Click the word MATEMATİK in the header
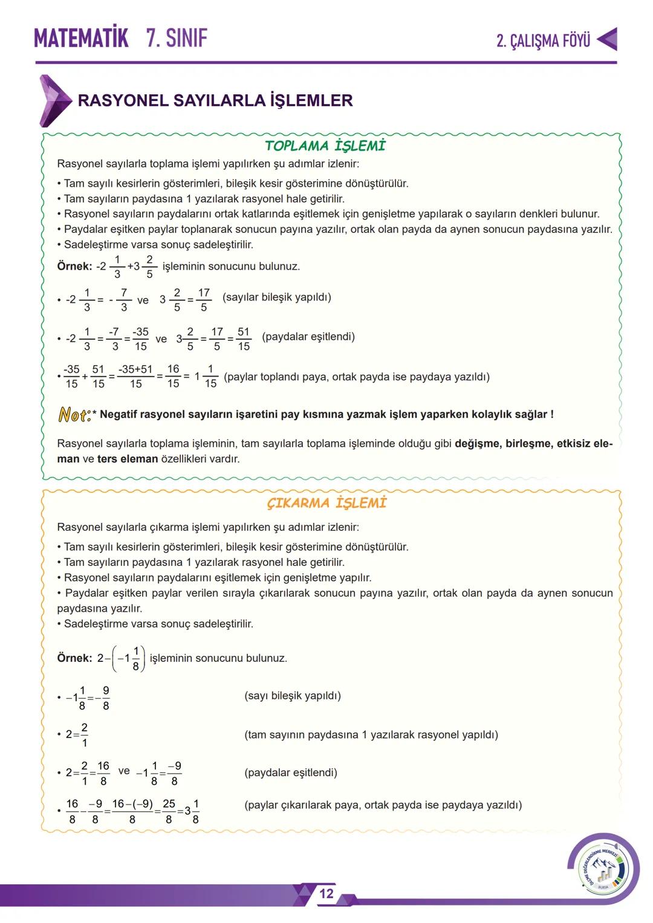(x=81, y=38)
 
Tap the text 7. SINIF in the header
(x=177, y=38)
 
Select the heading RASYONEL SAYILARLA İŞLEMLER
(x=215, y=100)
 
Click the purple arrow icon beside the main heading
(x=54, y=100)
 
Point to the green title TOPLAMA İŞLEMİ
(x=325, y=146)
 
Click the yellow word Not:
(x=74, y=415)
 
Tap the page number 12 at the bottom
(x=326, y=894)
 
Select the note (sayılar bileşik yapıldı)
(x=277, y=297)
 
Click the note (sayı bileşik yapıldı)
(x=293, y=696)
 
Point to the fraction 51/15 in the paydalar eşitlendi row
(x=244, y=339)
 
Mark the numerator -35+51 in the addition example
(x=136, y=369)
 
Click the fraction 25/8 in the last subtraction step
(x=169, y=811)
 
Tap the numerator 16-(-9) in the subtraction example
(x=132, y=804)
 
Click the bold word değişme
(x=476, y=444)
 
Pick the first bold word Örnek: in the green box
(x=74, y=267)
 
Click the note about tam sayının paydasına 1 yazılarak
(x=371, y=735)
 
